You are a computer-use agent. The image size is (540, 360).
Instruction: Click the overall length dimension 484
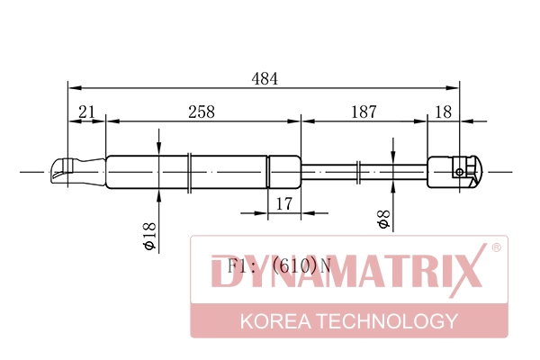(x=264, y=78)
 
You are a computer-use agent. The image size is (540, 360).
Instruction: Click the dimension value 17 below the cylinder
(x=283, y=204)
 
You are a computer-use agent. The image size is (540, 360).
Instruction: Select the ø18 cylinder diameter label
(x=149, y=236)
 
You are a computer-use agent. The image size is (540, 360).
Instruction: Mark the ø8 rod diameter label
(x=383, y=220)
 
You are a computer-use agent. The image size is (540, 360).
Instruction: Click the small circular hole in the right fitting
(x=461, y=171)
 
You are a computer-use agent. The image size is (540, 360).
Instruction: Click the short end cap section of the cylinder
(x=283, y=170)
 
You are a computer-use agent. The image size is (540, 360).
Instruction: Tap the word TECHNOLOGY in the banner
(x=391, y=321)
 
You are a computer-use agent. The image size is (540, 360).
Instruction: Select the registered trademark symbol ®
(x=495, y=247)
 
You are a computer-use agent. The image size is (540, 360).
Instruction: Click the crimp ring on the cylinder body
(x=189, y=170)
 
